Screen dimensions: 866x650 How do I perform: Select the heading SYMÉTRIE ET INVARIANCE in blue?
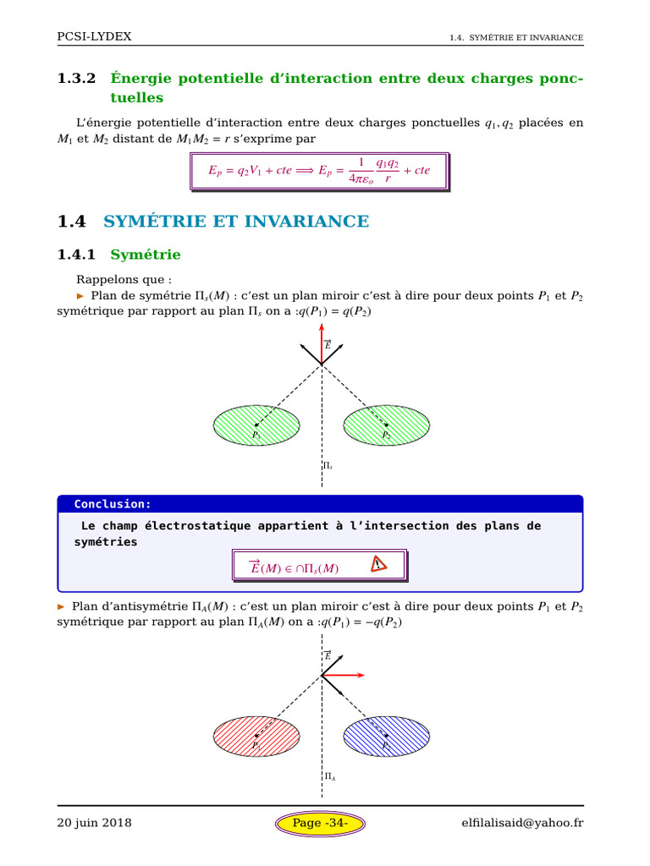pyautogui.click(x=236, y=222)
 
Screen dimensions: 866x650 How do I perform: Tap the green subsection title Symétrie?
pyautogui.click(x=146, y=254)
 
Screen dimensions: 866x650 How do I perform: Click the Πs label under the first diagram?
pyautogui.click(x=328, y=466)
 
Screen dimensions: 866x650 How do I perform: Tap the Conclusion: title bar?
pyautogui.click(x=320, y=504)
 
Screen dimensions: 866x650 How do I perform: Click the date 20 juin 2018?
pyautogui.click(x=94, y=822)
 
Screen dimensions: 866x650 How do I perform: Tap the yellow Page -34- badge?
pyautogui.click(x=320, y=822)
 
